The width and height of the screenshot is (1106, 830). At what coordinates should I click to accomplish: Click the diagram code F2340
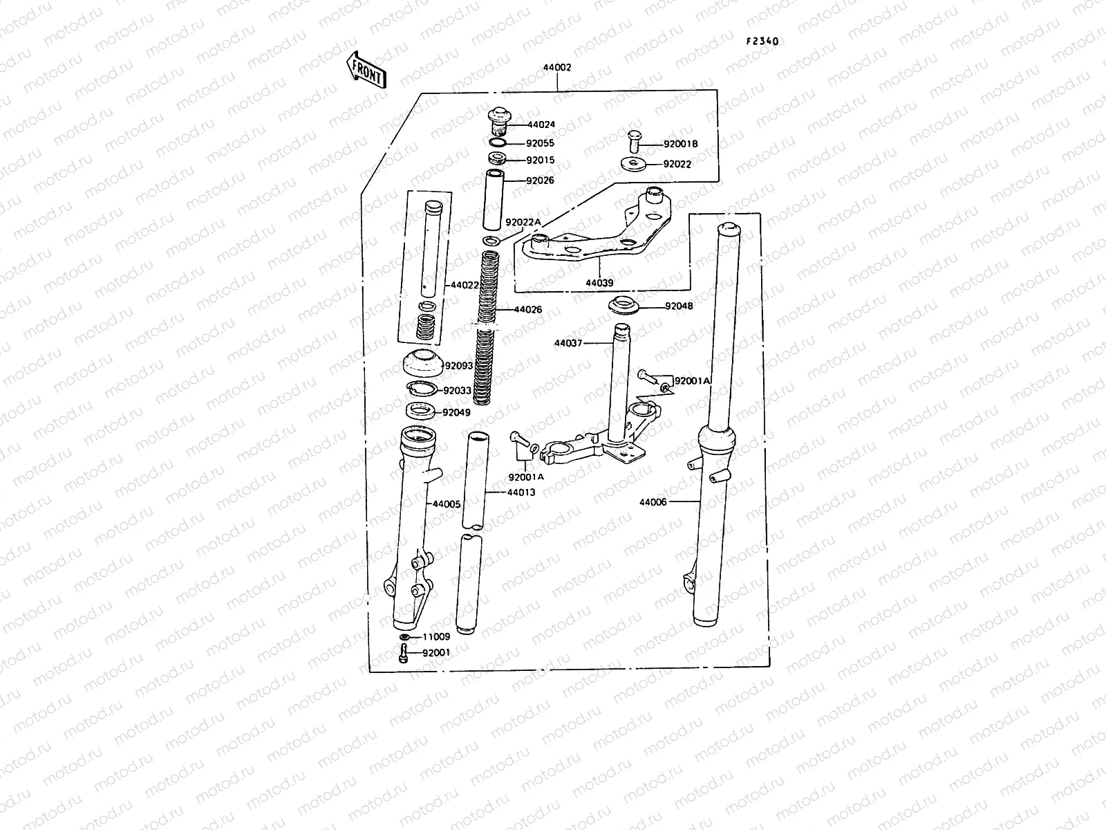coord(762,41)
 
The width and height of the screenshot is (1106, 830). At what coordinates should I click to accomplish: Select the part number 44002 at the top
coord(556,68)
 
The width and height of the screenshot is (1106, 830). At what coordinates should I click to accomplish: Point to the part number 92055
coord(540,143)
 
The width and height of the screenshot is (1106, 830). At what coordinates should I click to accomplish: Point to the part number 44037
coord(568,342)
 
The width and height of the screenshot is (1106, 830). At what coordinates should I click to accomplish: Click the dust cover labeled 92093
coord(421,363)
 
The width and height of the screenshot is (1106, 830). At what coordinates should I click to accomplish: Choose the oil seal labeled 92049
coord(420,414)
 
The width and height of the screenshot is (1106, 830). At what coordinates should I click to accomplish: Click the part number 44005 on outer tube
coord(447,505)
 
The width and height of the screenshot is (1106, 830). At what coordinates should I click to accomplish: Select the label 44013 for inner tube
coord(521,492)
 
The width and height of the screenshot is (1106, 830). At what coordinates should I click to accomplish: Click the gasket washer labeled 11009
coord(405,637)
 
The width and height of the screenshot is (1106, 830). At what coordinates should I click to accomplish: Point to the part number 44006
coord(653,502)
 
